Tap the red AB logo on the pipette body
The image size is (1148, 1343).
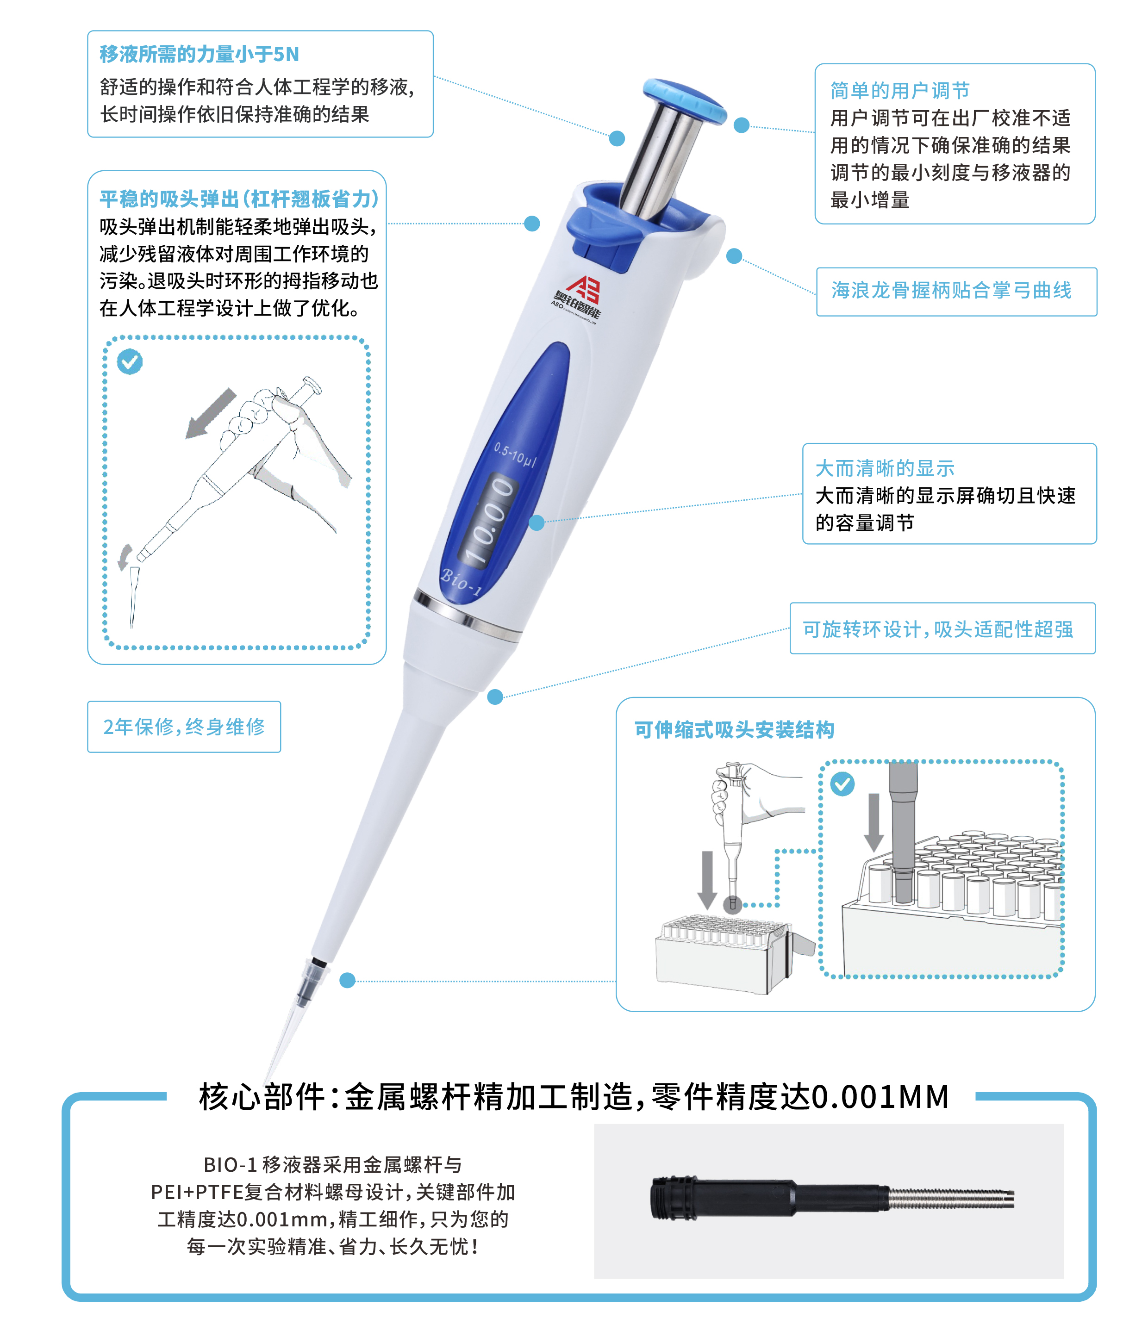pyautogui.click(x=583, y=289)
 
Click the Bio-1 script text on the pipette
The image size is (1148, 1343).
pyautogui.click(x=461, y=581)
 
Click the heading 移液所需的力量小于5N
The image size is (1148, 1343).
pyautogui.click(x=199, y=54)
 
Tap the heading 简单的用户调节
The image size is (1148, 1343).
pyautogui.click(x=900, y=90)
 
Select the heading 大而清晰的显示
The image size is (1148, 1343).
pyautogui.click(x=885, y=468)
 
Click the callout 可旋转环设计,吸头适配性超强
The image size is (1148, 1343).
pyautogui.click(x=938, y=629)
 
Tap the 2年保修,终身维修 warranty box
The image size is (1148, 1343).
pyautogui.click(x=184, y=727)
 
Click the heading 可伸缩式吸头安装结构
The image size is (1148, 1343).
pyautogui.click(x=734, y=730)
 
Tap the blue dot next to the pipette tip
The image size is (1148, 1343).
pyautogui.click(x=348, y=980)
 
